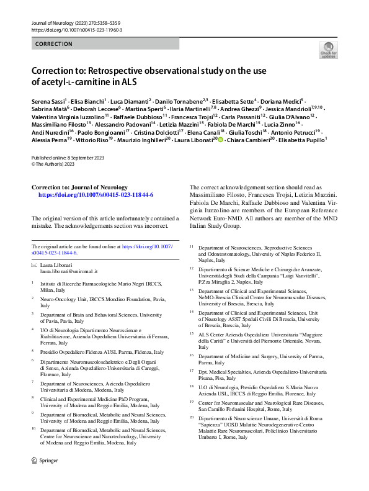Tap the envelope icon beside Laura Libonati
34,265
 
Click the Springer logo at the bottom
44,461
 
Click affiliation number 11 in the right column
192,247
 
